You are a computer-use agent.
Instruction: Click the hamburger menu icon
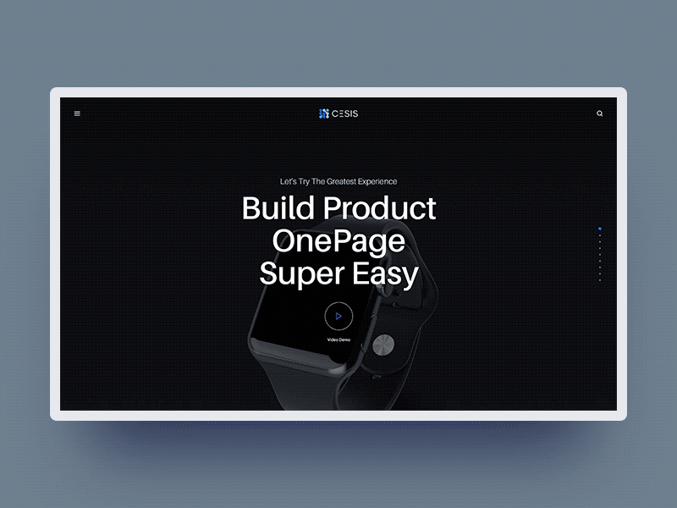click(77, 113)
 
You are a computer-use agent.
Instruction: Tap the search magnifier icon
click(600, 113)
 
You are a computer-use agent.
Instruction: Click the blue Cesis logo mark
click(323, 113)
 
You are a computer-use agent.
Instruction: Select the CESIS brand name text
click(345, 113)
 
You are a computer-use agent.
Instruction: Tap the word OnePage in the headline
click(338, 241)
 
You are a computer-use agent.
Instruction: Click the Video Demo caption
click(338, 340)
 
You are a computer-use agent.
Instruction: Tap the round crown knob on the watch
click(383, 345)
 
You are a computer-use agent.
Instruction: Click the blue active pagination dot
click(600, 229)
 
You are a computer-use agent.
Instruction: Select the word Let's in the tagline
click(287, 181)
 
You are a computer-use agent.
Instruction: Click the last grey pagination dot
click(600, 280)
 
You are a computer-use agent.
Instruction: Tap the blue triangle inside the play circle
click(338, 316)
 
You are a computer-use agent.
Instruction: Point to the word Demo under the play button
click(344, 340)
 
